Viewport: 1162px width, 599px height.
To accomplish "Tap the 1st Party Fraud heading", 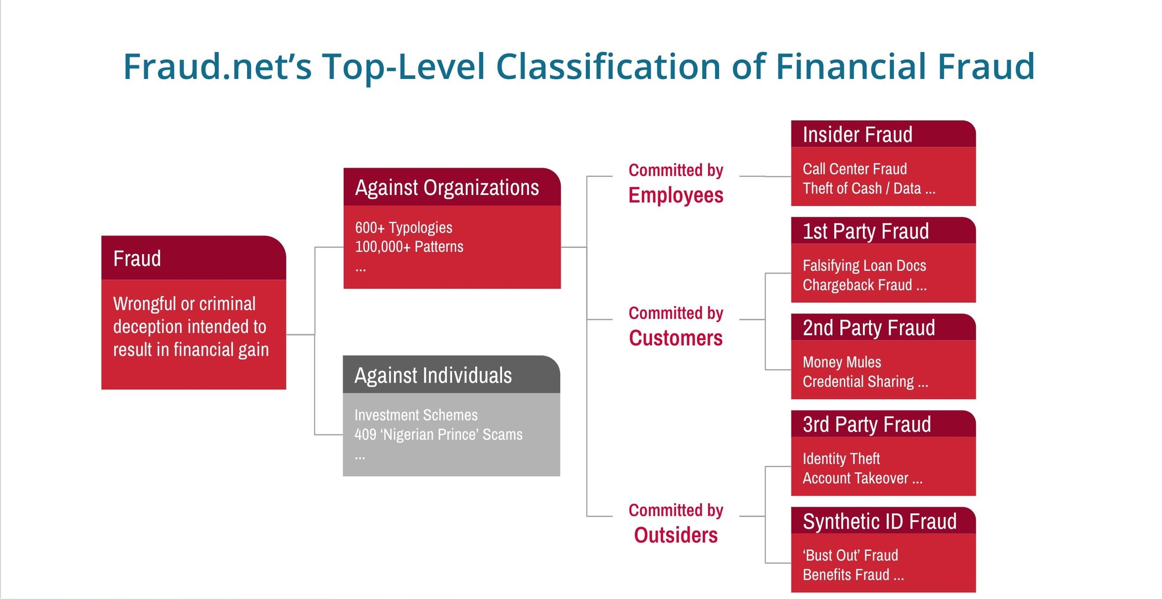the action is pyautogui.click(x=866, y=231).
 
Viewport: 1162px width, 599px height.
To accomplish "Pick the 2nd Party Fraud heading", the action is pyautogui.click(x=869, y=328).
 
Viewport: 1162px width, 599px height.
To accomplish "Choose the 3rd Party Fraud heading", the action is pyautogui.click(x=867, y=424).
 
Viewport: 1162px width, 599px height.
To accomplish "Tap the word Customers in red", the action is pyautogui.click(x=676, y=338).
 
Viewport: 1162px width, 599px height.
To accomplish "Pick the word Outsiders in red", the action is pyautogui.click(x=676, y=535).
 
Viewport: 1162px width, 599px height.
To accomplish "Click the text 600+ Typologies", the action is pyautogui.click(x=404, y=228).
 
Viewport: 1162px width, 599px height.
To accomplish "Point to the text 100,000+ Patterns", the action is pyautogui.click(x=409, y=247).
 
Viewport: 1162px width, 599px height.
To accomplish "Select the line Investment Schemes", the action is pyautogui.click(x=416, y=415).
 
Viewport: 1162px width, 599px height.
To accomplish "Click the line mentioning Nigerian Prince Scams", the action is pyautogui.click(x=438, y=434).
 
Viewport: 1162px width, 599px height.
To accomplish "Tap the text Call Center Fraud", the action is pyautogui.click(x=855, y=169).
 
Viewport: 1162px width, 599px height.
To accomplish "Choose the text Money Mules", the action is pyautogui.click(x=842, y=362).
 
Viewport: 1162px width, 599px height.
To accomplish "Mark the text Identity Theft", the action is pyautogui.click(x=841, y=459).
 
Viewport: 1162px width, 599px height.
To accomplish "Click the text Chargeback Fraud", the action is pyautogui.click(x=857, y=285).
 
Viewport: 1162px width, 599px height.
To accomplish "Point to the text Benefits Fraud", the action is pyautogui.click(x=846, y=575).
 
